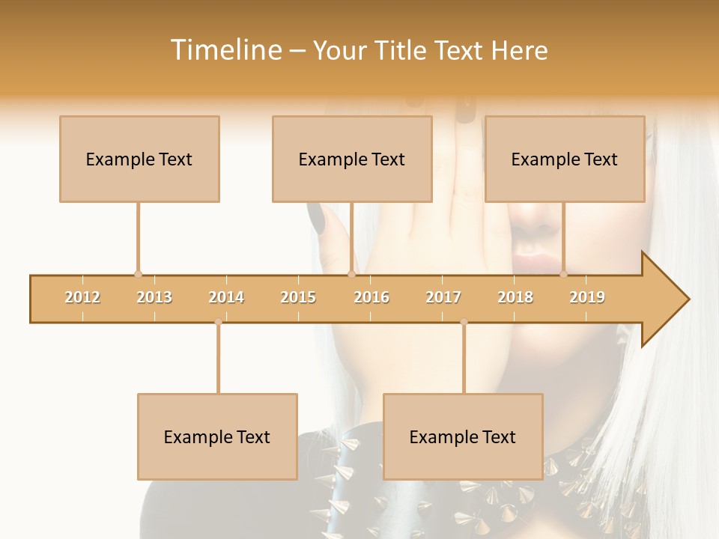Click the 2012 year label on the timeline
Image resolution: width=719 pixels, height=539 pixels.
point(82,297)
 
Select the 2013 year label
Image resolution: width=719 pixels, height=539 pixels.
point(154,297)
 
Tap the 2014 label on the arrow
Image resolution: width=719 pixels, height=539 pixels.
point(226,297)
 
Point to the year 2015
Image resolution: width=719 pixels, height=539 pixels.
point(298,297)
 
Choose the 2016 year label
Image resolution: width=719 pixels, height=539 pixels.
point(371,297)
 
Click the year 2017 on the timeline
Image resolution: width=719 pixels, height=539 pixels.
point(443,297)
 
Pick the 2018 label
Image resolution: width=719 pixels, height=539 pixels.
point(515,297)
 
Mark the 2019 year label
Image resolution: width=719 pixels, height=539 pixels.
point(587,297)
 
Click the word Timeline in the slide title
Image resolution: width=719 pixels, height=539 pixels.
point(225,50)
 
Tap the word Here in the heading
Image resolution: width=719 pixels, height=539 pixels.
point(520,50)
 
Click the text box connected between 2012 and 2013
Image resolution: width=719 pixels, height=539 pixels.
point(139,159)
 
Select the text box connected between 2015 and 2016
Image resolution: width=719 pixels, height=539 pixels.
point(352,159)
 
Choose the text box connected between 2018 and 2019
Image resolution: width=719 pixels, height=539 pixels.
point(565,159)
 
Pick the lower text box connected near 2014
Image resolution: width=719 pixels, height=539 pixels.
point(217,436)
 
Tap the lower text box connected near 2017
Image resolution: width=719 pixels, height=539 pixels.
point(463,436)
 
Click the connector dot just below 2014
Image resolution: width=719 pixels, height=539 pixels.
point(218,322)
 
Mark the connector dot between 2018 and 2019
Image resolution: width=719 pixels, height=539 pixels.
point(563,275)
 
